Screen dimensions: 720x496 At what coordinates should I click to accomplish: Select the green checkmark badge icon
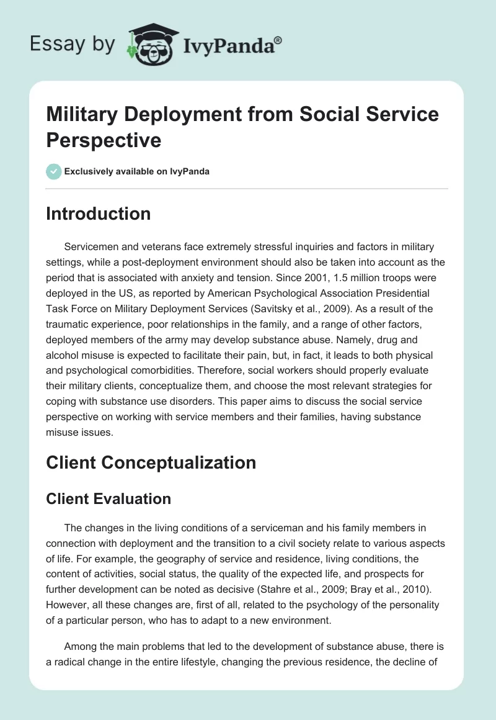click(54, 171)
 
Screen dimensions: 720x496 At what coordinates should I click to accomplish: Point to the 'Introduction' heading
click(98, 214)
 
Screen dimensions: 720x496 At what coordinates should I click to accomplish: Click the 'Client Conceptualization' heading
click(151, 462)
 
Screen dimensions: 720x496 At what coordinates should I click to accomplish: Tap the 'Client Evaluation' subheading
click(108, 498)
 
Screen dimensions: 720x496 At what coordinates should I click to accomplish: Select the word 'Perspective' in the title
click(104, 140)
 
